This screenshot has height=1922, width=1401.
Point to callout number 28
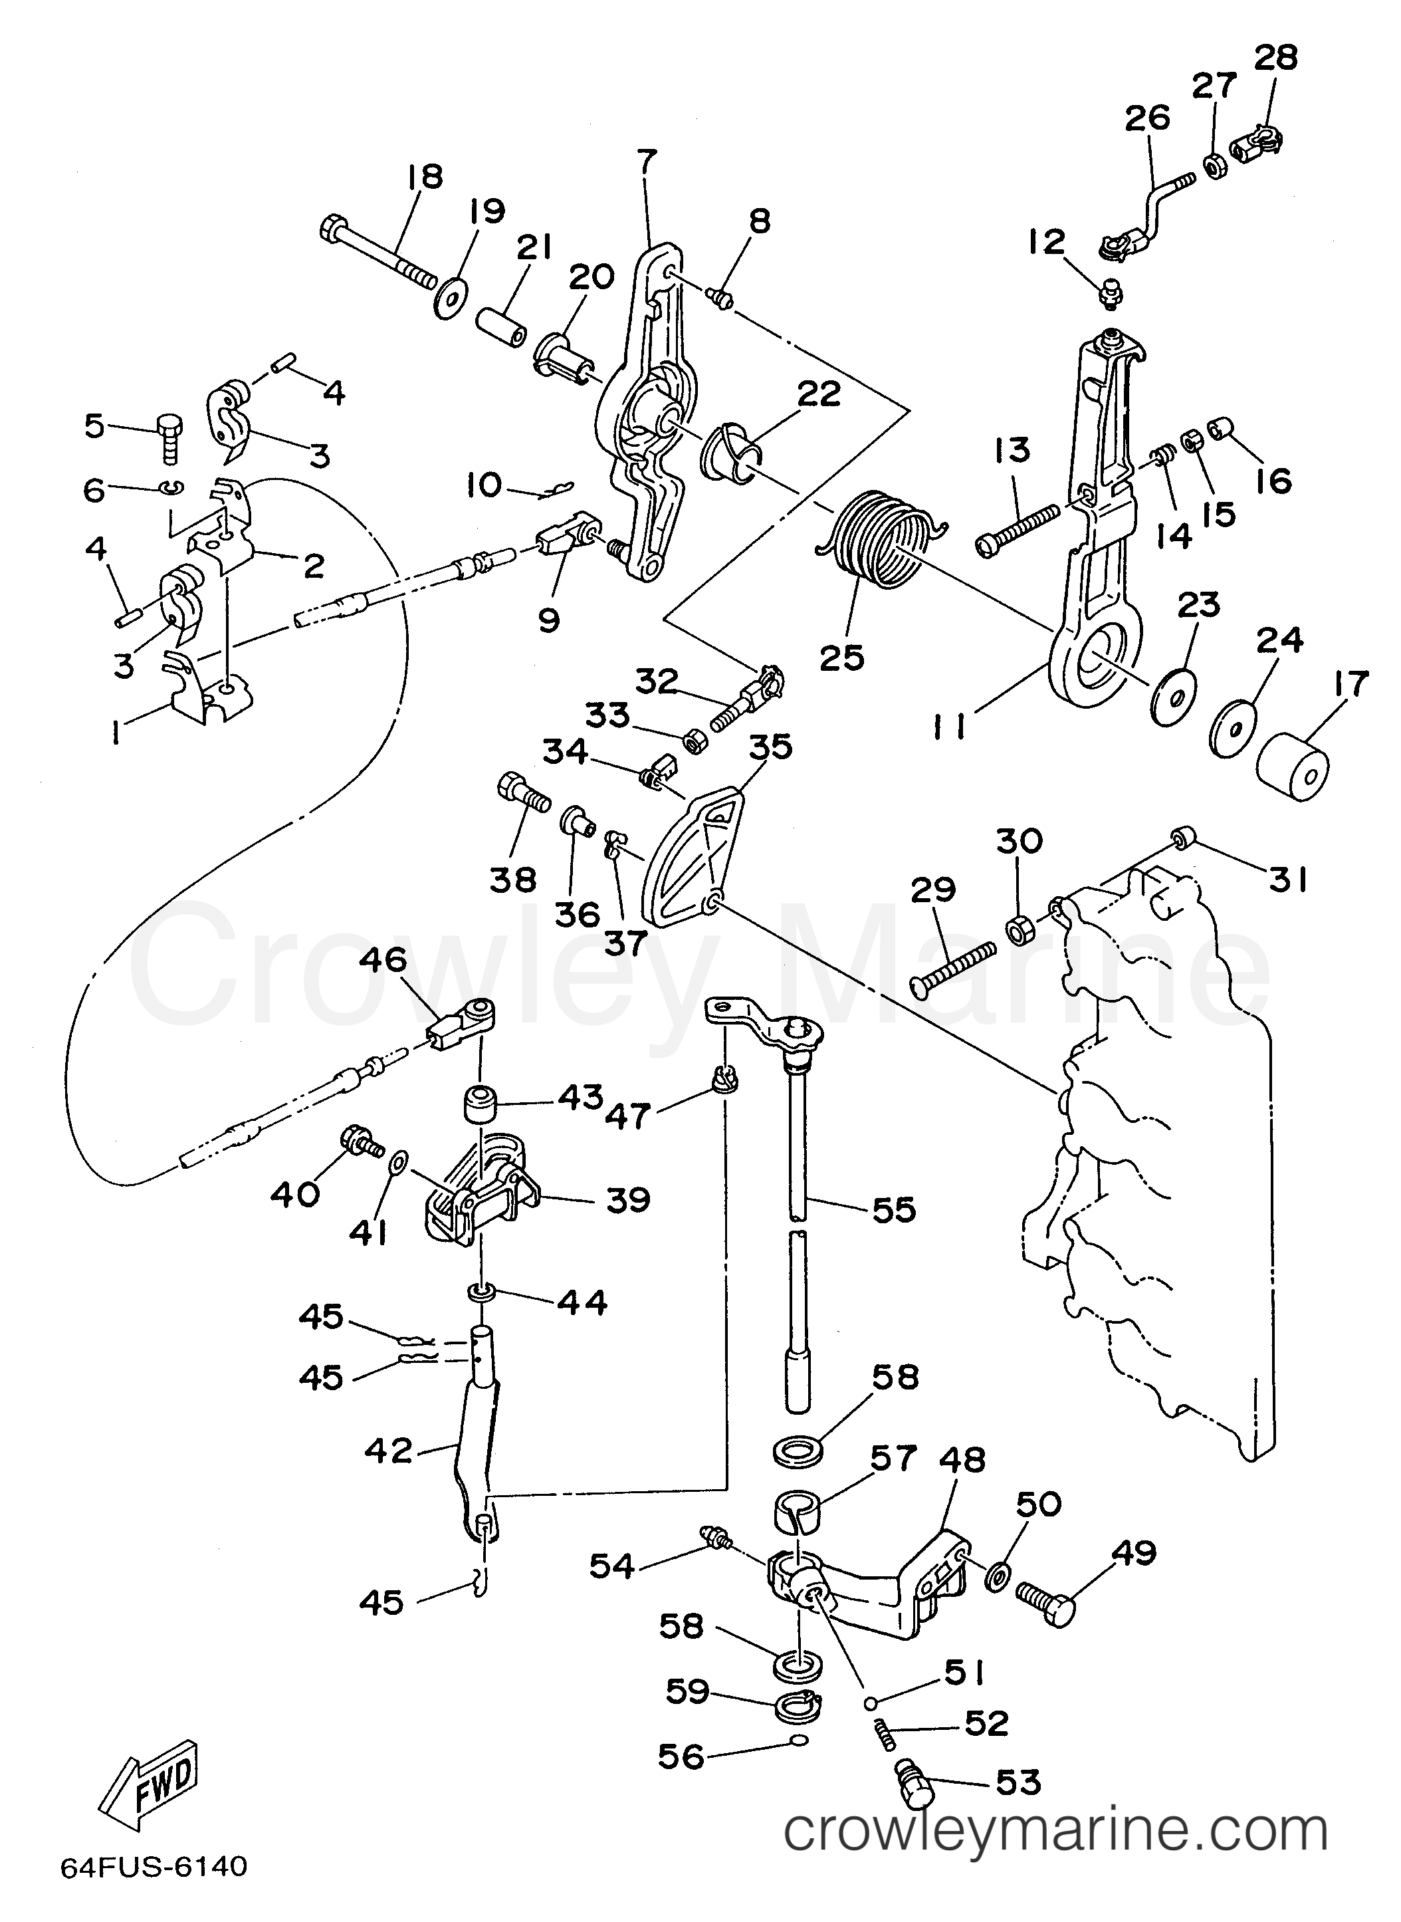click(x=1275, y=58)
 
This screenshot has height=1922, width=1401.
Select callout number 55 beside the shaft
click(x=894, y=1209)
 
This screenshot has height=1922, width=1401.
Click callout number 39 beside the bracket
click(x=627, y=1199)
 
